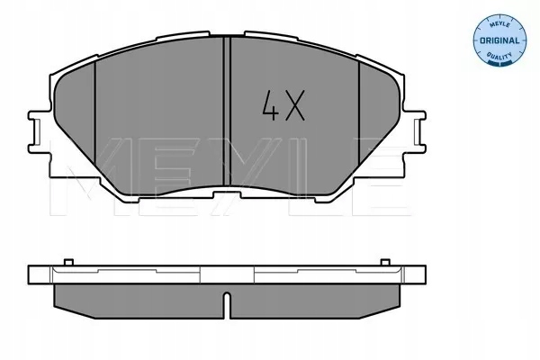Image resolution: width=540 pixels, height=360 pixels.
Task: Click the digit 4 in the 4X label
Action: tap(268, 106)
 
